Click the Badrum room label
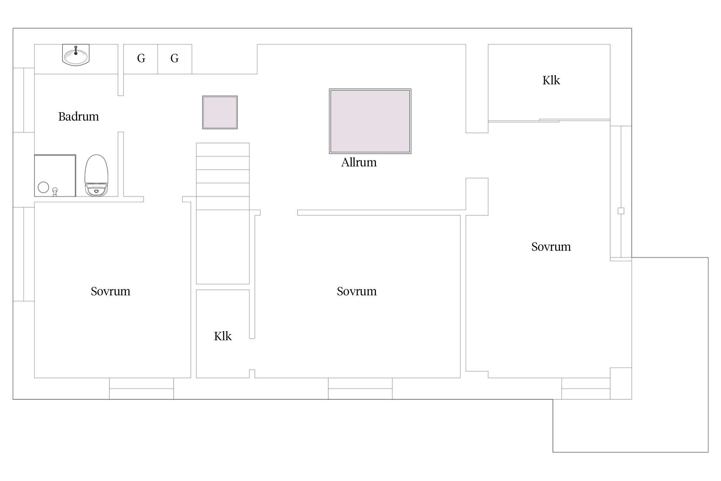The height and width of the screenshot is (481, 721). [x=79, y=116]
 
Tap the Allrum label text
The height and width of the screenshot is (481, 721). [x=359, y=163]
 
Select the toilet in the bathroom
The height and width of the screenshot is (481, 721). [x=96, y=175]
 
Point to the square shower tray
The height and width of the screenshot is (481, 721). [x=55, y=175]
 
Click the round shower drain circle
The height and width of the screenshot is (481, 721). [x=43, y=187]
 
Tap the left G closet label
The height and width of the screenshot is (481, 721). [x=141, y=58]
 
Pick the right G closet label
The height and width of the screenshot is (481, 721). [x=174, y=58]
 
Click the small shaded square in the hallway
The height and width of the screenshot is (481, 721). [x=220, y=112]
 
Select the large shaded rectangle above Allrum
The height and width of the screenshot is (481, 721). [x=370, y=121]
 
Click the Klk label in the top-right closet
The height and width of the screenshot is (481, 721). [x=551, y=80]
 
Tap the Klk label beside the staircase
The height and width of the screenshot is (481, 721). [x=223, y=336]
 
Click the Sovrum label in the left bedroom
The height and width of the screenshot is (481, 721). [x=111, y=291]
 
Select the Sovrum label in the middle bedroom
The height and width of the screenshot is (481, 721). [x=357, y=291]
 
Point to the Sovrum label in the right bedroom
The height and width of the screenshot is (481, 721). [x=551, y=247]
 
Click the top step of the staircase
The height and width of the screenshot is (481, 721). [x=223, y=149]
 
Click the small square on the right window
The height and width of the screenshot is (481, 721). [x=621, y=211]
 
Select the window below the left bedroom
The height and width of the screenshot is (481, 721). [x=141, y=389]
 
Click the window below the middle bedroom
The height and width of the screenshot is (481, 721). [x=360, y=389]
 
